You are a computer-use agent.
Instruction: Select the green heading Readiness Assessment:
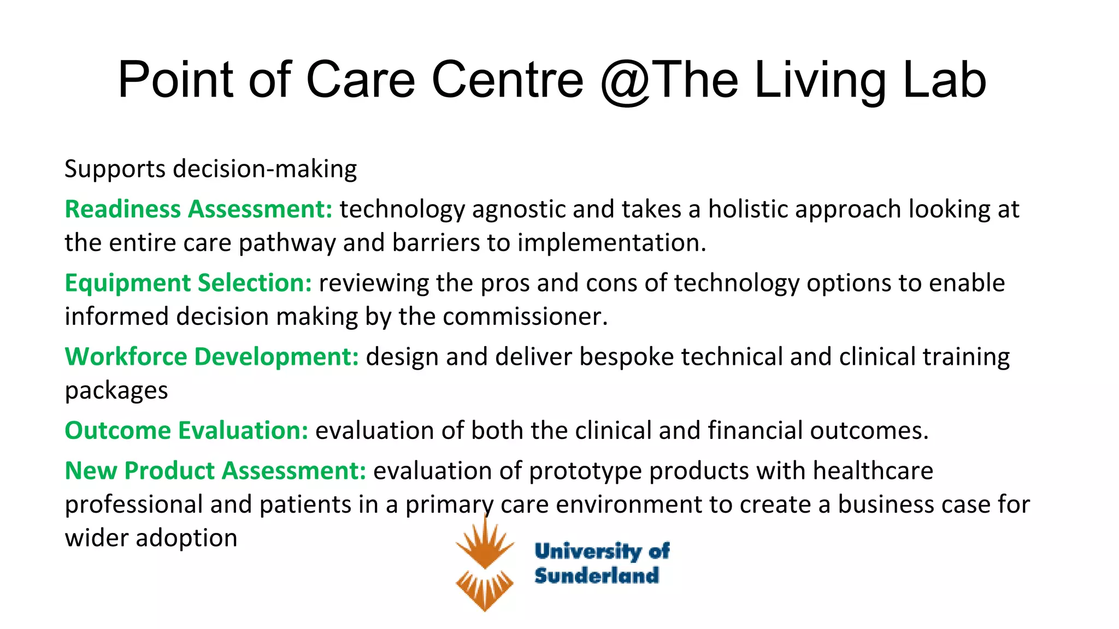tap(198, 209)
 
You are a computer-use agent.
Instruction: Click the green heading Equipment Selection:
tap(188, 283)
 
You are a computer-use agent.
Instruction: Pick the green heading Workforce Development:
tap(211, 357)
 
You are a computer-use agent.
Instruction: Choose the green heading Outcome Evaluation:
tap(186, 430)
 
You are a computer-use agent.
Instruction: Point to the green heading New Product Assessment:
tap(215, 471)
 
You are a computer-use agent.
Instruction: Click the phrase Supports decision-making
tap(210, 169)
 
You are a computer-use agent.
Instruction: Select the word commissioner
tap(524, 317)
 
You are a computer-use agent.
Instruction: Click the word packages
tap(116, 391)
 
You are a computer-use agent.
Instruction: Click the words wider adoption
tap(151, 538)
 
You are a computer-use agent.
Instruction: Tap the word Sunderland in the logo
tap(596, 575)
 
